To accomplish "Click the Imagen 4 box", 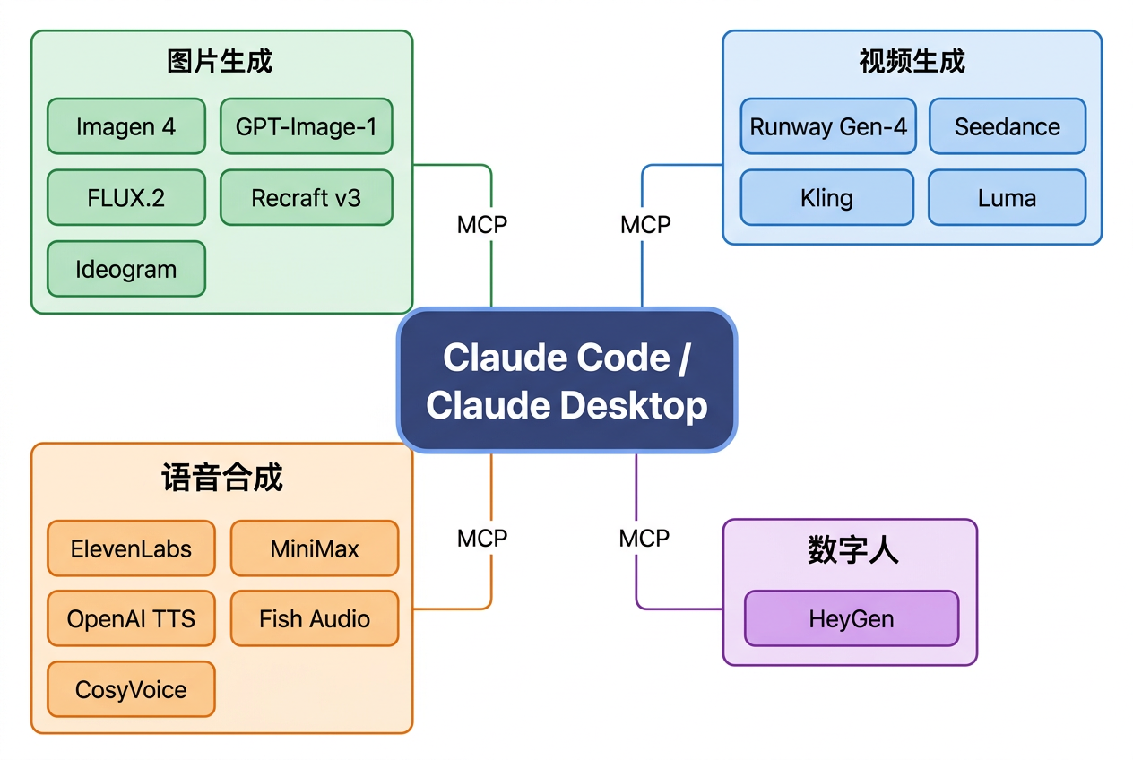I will (126, 126).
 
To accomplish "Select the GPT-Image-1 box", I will (306, 126).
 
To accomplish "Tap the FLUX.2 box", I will (126, 197).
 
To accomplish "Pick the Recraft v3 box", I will (306, 197).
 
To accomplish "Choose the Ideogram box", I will (126, 269).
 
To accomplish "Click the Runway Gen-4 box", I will (827, 126).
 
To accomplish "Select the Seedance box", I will (1007, 126).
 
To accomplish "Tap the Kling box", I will (827, 197).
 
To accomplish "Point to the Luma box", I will (1007, 197).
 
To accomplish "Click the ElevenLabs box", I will (131, 548).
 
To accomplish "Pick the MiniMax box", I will (315, 548).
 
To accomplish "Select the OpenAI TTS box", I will (131, 618).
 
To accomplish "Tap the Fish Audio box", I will (315, 618).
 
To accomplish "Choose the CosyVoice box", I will (131, 689).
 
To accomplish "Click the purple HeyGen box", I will (852, 618).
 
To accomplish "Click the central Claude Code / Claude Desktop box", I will (566, 381).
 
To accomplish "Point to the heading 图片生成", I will (221, 61).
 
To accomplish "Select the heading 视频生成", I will (912, 61).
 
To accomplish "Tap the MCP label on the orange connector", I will (482, 539).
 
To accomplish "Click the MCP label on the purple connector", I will (644, 539).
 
